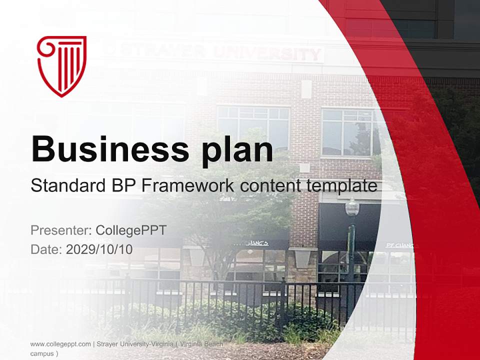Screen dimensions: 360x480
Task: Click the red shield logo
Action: point(61,65)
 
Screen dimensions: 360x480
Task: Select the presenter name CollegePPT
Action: point(131,230)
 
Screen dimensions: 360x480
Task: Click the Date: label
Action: point(46,249)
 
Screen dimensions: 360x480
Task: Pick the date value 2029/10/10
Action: point(99,249)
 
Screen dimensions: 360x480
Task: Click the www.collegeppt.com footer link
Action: point(60,344)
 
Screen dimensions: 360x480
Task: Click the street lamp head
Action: point(352,207)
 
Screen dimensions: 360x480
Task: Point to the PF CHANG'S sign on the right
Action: point(399,245)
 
